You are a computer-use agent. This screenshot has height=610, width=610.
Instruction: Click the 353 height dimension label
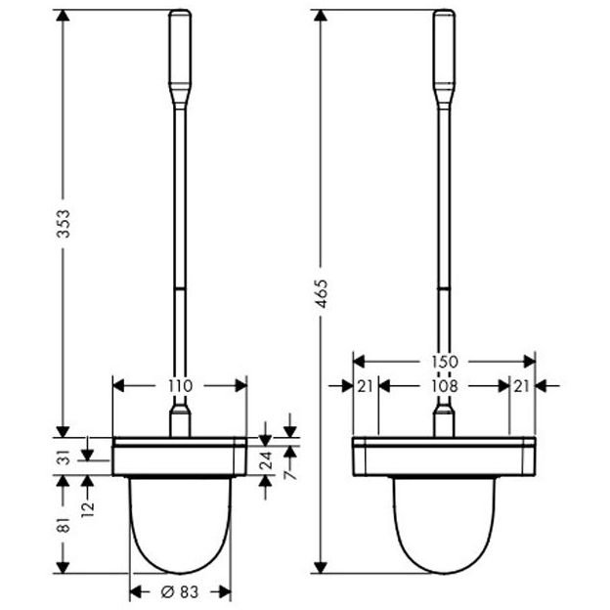point(64,223)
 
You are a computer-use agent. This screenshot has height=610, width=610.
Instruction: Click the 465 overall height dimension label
point(322,293)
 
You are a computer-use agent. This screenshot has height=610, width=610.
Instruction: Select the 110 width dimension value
point(181,386)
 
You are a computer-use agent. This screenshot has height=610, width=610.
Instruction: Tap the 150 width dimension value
point(444,362)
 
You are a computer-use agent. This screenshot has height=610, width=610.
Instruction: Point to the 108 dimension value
point(444,386)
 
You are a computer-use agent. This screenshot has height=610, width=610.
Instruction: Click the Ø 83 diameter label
point(180,592)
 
